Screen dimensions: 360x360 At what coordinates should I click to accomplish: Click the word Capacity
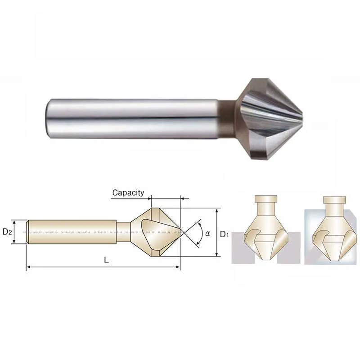pos(128,193)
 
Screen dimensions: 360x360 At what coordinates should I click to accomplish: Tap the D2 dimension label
pos(7,232)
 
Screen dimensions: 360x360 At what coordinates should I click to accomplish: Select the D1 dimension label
pos(224,234)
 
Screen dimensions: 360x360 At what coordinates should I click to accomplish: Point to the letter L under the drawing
pos(106,260)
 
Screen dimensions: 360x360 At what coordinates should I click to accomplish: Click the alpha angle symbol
pos(207,234)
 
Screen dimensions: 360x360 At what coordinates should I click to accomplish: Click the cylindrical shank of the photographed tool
pos(131,119)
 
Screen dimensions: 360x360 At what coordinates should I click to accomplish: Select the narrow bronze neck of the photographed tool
pos(227,118)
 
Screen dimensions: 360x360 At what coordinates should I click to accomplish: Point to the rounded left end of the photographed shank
pos(48,119)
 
